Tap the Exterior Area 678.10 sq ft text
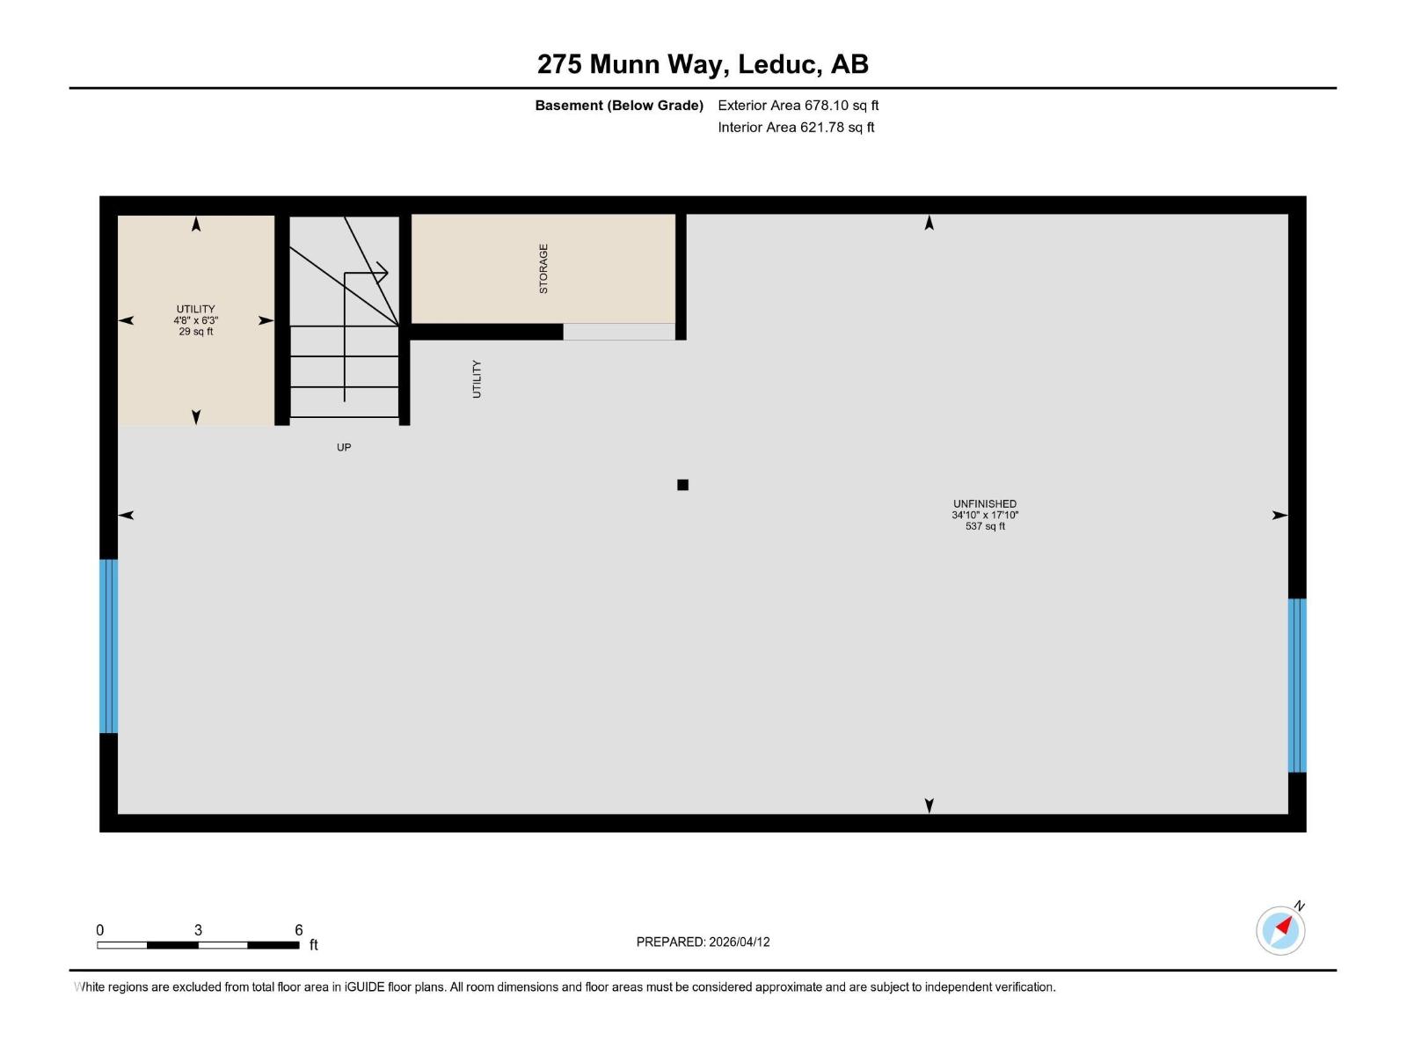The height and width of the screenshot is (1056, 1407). pos(798,106)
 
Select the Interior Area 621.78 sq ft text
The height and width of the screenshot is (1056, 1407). pos(796,128)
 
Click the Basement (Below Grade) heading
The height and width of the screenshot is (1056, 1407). pos(619,106)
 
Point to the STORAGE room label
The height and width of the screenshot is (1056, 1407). pos(543,268)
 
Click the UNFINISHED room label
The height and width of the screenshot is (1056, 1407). pos(985,504)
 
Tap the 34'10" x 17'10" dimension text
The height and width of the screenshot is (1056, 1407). pos(985,516)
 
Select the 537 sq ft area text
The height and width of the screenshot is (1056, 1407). pos(985,526)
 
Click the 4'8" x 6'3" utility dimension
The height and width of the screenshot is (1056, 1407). pos(195,321)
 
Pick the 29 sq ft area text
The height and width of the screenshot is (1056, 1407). pos(195,332)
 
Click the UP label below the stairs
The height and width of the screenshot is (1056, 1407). pos(344,447)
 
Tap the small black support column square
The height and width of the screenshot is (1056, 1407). pos(682,485)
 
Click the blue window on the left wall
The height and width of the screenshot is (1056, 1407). pos(108,646)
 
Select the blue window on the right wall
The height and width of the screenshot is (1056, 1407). pos(1297,685)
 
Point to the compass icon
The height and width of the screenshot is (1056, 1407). pos(1280,930)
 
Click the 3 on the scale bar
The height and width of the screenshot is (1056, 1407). pos(199,930)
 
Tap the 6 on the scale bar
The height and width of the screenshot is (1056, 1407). pos(299,930)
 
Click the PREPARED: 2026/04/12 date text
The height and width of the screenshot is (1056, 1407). pos(703,942)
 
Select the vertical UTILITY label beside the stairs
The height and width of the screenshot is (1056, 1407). pos(477,378)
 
